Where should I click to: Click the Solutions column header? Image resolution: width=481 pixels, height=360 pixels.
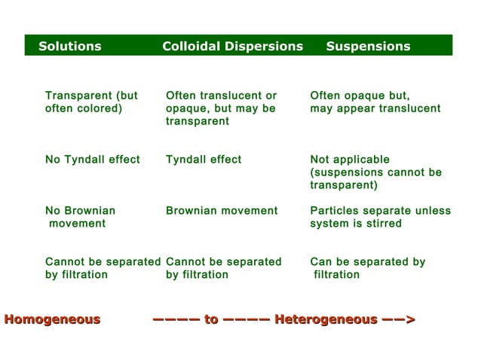click(x=69, y=46)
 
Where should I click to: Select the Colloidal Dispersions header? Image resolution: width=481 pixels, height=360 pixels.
click(x=232, y=46)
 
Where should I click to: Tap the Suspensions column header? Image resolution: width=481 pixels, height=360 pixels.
click(x=368, y=46)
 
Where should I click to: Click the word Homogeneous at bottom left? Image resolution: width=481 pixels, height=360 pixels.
click(x=52, y=319)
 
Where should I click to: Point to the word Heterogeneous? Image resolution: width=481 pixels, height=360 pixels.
click(x=326, y=319)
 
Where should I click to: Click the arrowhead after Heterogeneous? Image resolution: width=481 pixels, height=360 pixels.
click(x=409, y=320)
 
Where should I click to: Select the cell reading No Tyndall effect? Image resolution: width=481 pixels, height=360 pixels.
click(x=92, y=160)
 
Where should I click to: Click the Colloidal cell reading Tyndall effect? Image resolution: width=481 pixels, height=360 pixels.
click(x=204, y=160)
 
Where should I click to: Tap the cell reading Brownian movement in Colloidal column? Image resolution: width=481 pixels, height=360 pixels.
click(x=222, y=211)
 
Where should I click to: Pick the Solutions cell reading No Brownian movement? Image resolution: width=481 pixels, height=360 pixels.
click(x=80, y=217)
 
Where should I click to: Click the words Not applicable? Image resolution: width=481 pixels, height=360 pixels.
click(x=350, y=160)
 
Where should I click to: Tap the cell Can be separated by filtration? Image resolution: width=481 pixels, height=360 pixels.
click(x=367, y=268)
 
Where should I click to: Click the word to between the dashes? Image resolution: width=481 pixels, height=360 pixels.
click(x=211, y=320)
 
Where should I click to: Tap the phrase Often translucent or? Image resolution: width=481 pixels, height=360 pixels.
click(x=221, y=96)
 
